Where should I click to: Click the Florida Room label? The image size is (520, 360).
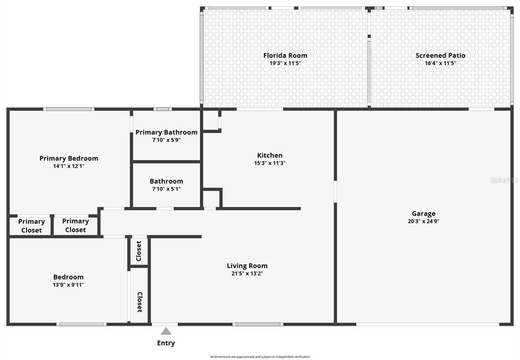285,55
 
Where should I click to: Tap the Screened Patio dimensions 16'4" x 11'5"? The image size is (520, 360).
440,64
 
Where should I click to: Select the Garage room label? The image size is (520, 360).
423,214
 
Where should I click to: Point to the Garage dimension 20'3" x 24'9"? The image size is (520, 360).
423,222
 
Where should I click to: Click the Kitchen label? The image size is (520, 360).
269,156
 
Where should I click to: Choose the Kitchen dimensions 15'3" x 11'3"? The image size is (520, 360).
269,164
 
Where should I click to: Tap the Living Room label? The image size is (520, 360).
247,265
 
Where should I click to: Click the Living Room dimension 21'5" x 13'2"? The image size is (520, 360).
247,274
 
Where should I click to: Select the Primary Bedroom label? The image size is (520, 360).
69,158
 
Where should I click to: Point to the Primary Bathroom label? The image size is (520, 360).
166,132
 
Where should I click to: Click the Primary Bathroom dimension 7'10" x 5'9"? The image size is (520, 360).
166,140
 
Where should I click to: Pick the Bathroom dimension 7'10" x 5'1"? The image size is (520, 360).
166,189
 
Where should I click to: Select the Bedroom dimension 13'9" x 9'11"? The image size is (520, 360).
69,285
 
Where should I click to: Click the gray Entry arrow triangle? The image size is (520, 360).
166,331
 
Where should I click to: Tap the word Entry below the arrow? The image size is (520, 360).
166,343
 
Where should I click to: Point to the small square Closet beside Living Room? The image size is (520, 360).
139,251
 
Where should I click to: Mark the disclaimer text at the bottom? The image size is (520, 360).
260,357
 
